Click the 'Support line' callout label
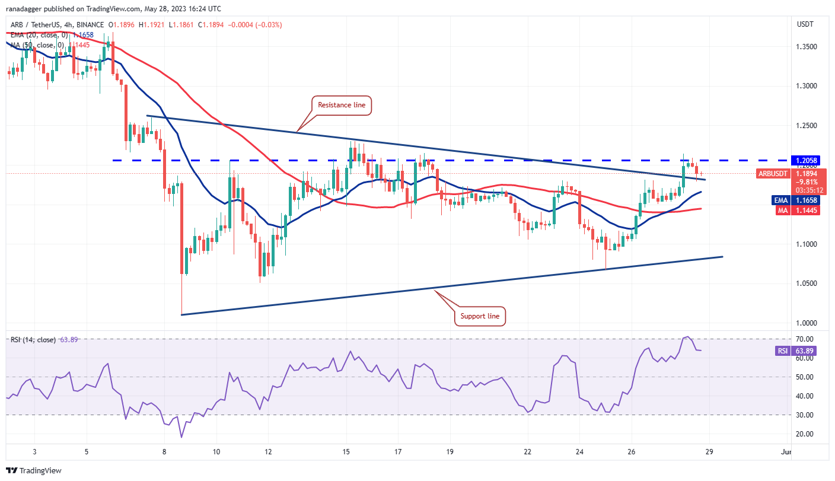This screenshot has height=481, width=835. (x=480, y=316)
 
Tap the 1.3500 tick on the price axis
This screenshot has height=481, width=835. (x=804, y=46)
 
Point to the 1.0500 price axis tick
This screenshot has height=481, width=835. (x=804, y=283)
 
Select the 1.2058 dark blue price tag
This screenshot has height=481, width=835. (x=804, y=161)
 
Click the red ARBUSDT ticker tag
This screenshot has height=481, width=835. (x=773, y=174)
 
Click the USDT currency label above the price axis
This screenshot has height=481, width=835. (x=804, y=24)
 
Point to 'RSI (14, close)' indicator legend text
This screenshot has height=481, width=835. (x=33, y=340)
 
